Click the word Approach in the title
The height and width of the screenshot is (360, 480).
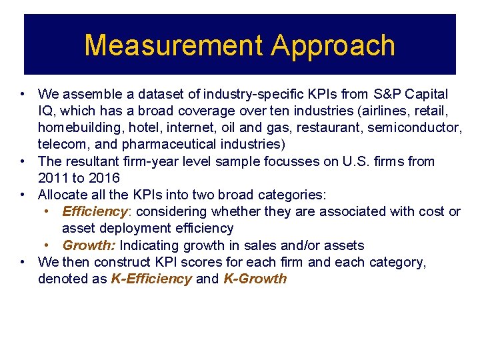point(333,45)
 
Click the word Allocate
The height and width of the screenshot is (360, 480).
point(64,195)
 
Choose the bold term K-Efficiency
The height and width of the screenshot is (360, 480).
point(151,279)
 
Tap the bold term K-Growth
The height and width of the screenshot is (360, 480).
point(256,279)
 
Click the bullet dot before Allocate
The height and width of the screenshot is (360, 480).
point(23,195)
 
